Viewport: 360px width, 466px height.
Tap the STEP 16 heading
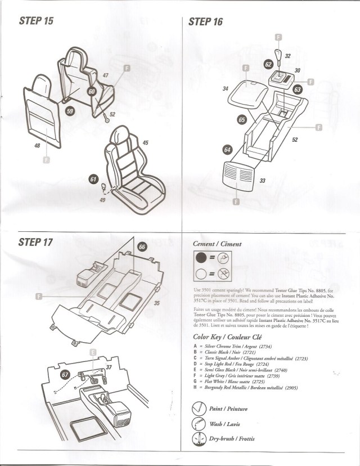pos(206,21)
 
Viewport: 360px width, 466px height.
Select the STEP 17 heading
pos(35,243)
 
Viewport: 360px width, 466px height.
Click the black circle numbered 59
pos(70,111)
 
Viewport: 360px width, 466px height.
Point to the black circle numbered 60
pos(92,91)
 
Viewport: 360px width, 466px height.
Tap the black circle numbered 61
pos(93,178)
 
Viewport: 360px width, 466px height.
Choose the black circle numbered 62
pos(268,65)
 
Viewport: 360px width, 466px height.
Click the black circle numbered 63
pos(298,89)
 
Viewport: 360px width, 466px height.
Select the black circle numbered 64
pos(227,150)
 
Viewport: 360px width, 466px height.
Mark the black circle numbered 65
pos(242,119)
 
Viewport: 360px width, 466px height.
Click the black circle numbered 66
pos(142,247)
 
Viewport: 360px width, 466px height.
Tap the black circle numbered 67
pos(65,374)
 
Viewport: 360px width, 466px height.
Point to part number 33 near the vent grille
pos(262,180)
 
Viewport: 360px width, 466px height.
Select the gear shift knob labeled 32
pos(279,56)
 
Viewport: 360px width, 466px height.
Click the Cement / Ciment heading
pos(217,244)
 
